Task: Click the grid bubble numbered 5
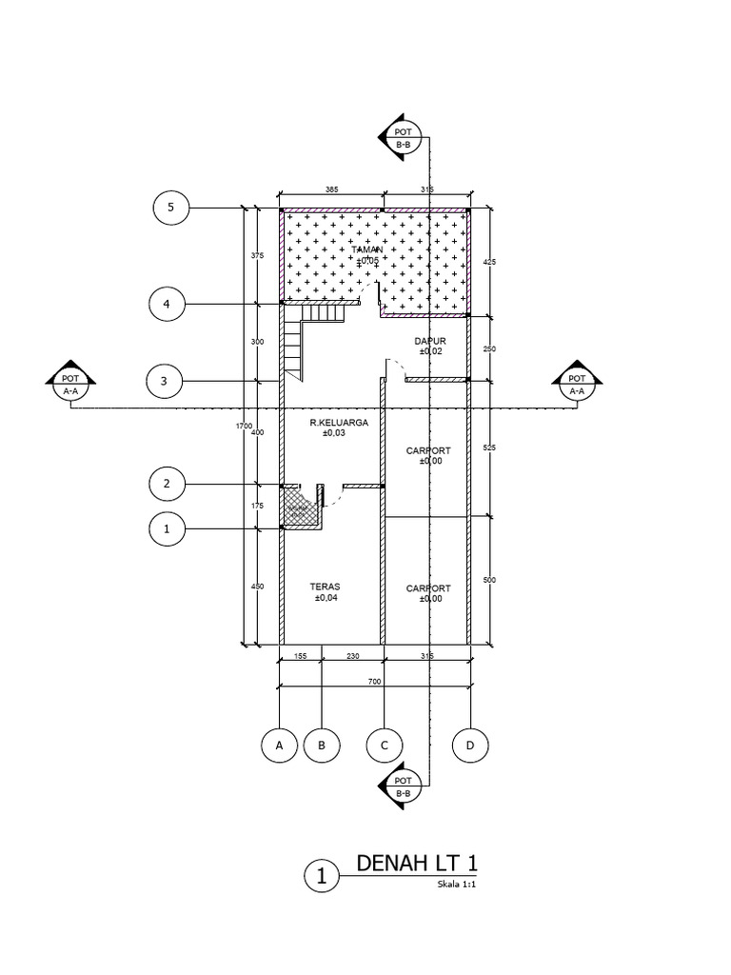(171, 207)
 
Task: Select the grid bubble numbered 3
(164, 382)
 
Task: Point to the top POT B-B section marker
(401, 138)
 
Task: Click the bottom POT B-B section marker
(401, 786)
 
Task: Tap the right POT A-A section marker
(577, 384)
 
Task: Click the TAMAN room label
(367, 249)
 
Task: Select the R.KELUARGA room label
(332, 423)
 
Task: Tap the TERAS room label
(325, 587)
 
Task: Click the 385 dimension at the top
(331, 190)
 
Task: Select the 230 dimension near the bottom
(352, 656)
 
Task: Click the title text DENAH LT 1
(417, 864)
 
